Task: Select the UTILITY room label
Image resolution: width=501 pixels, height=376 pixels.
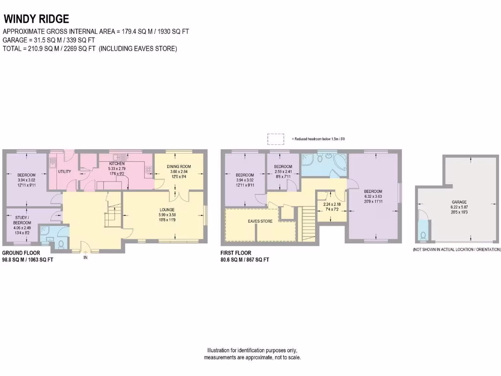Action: tap(65, 171)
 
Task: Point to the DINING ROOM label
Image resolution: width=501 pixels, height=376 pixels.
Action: tap(179, 166)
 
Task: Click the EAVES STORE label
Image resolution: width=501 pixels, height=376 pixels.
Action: tap(260, 221)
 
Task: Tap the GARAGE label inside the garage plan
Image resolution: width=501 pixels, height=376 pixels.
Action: tap(459, 202)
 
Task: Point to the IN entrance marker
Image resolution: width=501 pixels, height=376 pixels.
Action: tap(85, 258)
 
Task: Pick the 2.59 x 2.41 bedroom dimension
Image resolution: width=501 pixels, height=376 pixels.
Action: tap(283, 172)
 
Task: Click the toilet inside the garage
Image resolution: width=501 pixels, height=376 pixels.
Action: tap(424, 235)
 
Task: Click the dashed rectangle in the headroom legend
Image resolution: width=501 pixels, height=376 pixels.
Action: tap(275, 139)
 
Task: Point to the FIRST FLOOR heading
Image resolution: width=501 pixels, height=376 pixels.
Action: tap(236, 253)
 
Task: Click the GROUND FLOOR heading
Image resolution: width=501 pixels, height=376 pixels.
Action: tap(19, 253)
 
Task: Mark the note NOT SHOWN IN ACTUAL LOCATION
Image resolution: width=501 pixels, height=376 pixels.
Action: tap(456, 249)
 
